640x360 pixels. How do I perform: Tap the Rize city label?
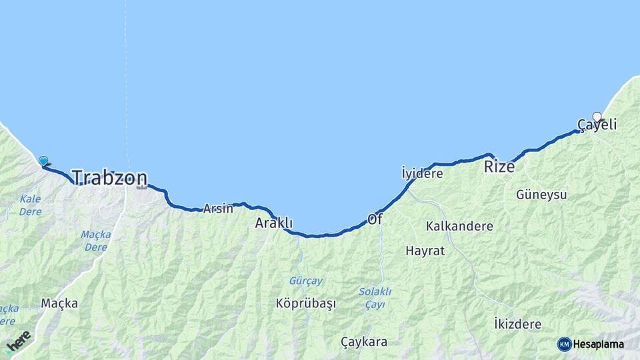pos(499,167)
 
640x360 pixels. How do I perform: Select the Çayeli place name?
pos(597,125)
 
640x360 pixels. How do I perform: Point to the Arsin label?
pos(219,208)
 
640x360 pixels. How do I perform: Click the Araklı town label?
pos(273,223)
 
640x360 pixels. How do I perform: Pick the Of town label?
pos(375,219)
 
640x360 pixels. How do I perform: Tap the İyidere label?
pos(423,173)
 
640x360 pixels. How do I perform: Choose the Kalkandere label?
pos(459,226)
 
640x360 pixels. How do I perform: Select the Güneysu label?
pos(541,195)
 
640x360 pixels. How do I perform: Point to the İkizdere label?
pos(517,323)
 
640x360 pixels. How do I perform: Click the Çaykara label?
pos(364,342)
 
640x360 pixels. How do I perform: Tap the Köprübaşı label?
pos(305,303)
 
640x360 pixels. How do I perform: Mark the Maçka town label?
pos(59,303)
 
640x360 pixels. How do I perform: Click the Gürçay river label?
pos(306,281)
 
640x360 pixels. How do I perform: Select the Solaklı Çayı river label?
pos(375,297)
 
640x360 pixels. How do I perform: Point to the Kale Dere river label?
pos(30,205)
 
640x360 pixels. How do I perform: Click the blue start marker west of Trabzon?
pos(43,161)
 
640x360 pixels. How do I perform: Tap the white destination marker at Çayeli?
pos(597,117)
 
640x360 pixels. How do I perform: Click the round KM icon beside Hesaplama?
pos(564,344)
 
